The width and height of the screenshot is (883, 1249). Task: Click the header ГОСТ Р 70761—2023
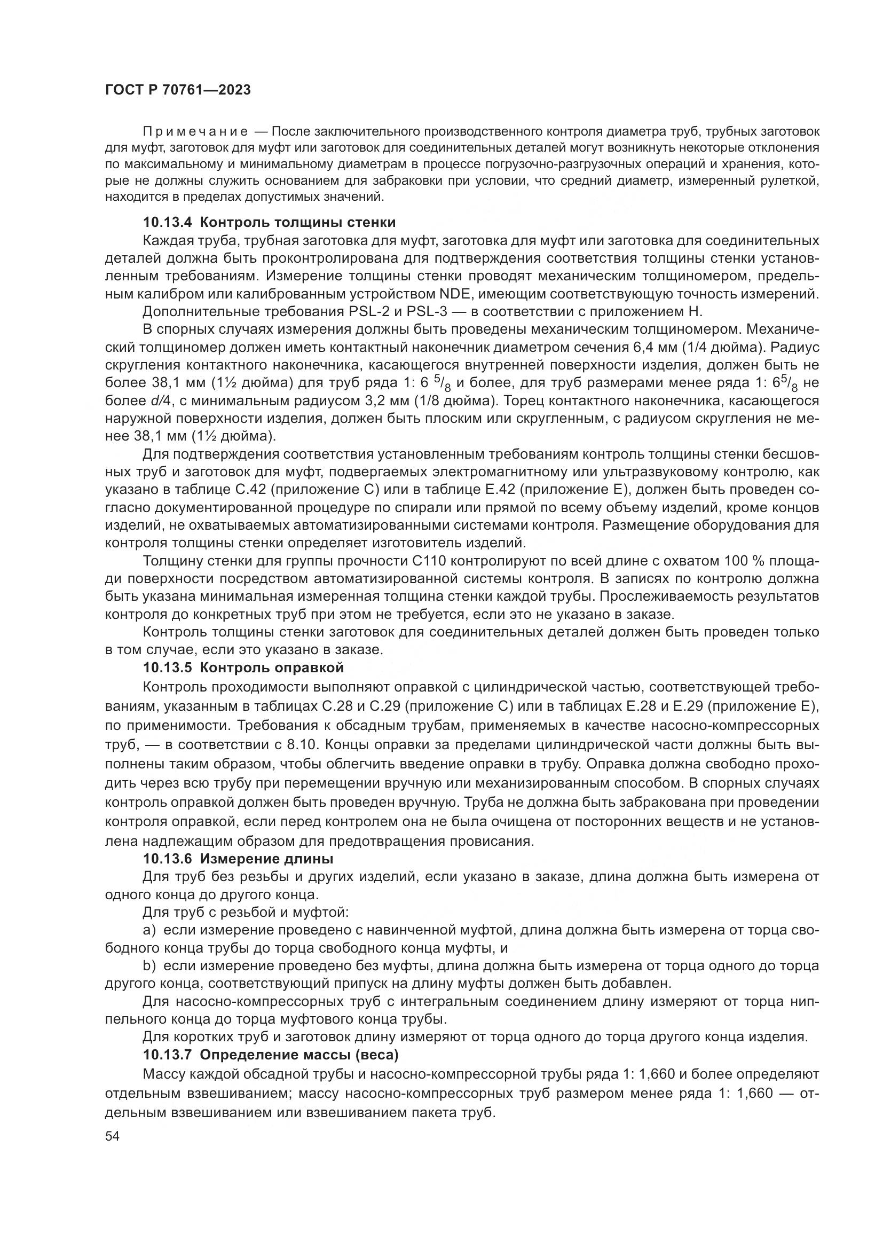[178, 90]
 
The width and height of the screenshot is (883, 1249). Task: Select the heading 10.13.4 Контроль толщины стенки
[269, 223]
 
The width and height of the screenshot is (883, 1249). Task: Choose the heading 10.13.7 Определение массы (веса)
[271, 1055]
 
